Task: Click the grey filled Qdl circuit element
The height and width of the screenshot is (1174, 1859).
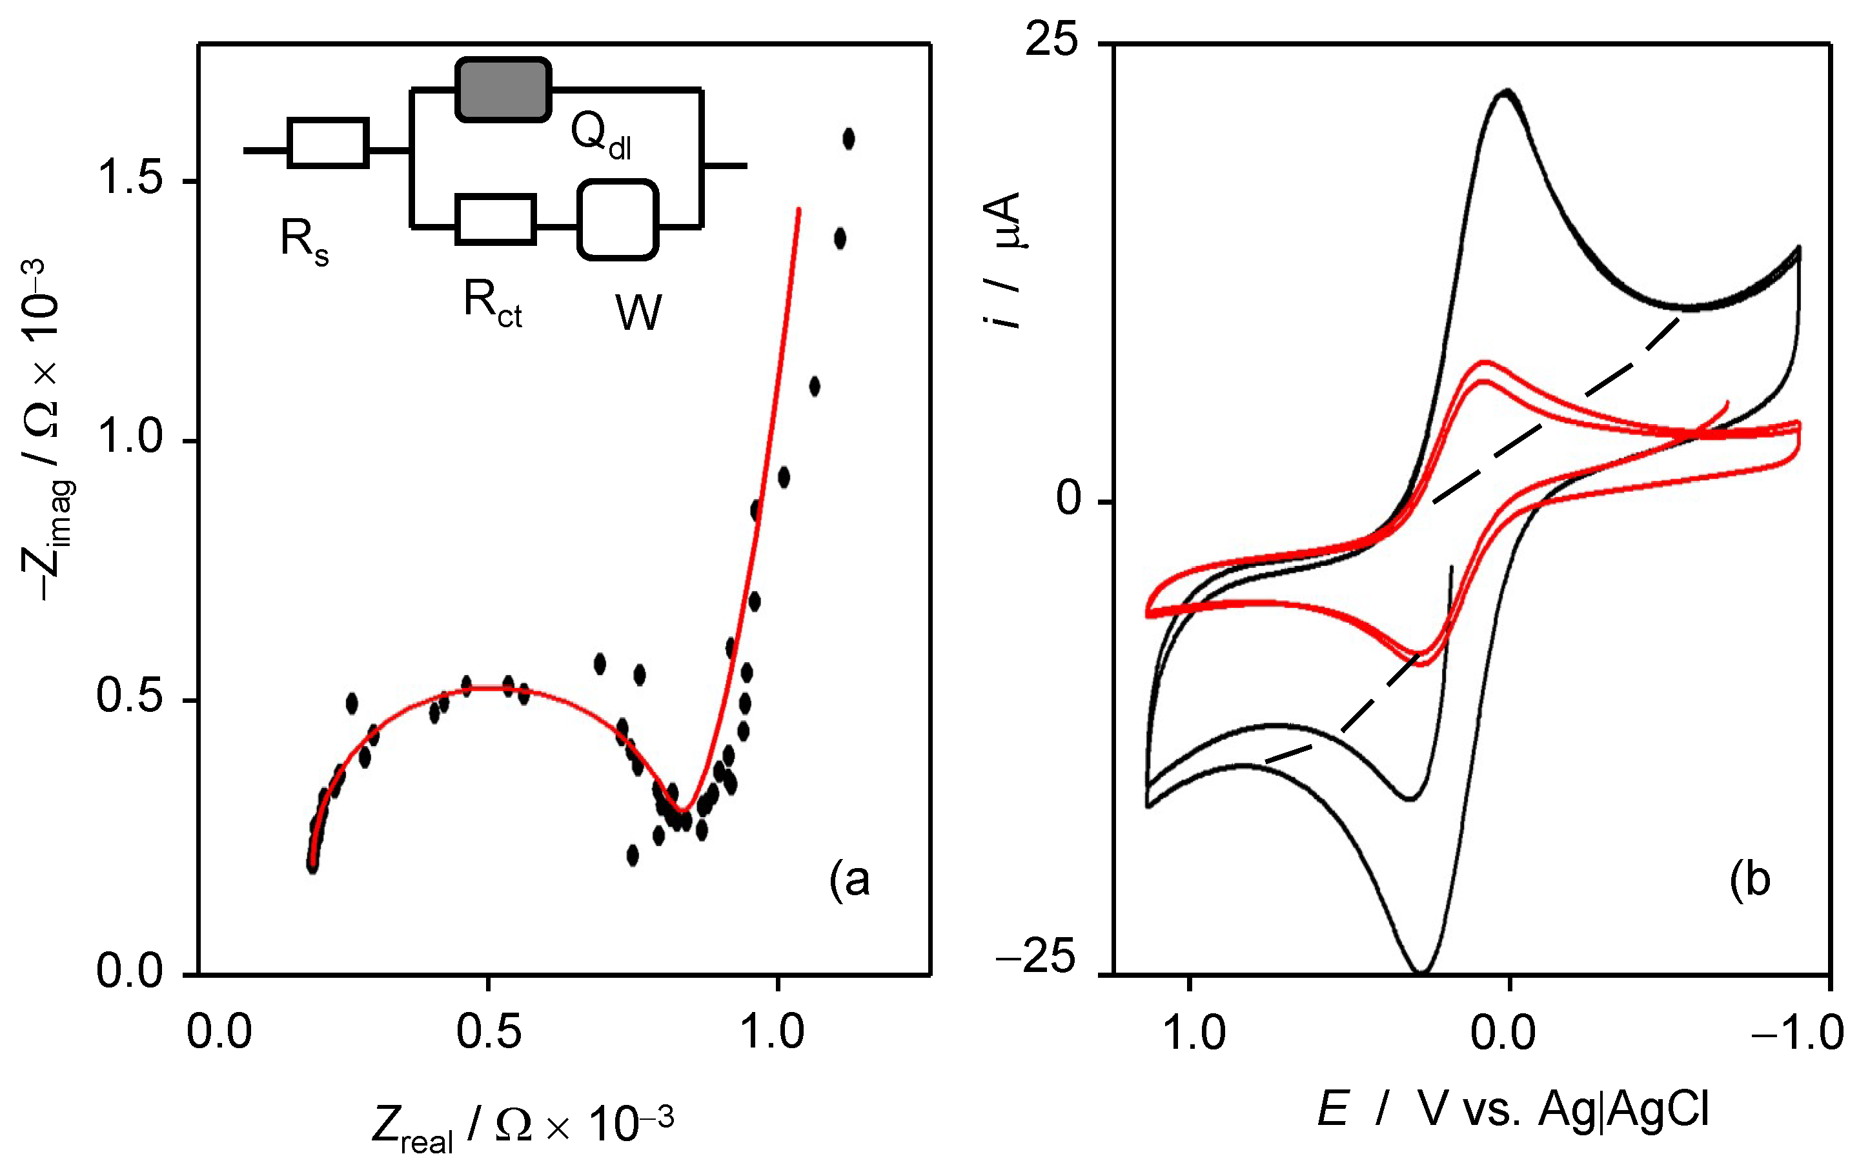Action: point(503,90)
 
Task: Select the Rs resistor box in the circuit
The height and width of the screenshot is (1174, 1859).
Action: point(327,143)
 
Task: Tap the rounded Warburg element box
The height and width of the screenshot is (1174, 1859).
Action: point(618,220)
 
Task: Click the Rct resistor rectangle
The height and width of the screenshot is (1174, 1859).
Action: point(496,220)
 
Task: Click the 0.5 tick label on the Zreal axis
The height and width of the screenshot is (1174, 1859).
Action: point(488,1032)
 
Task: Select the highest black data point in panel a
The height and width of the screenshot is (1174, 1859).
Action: point(848,139)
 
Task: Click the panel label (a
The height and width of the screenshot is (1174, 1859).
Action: point(849,880)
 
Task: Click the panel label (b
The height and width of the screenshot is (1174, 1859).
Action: point(1749,880)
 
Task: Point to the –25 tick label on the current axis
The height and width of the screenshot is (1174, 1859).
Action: point(1037,958)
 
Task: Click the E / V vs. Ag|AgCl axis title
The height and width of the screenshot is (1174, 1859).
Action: point(1512,1110)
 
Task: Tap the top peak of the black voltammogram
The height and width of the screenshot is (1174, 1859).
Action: point(1506,93)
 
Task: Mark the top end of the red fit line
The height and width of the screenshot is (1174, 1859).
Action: point(798,208)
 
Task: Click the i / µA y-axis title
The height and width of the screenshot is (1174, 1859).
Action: point(1002,260)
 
